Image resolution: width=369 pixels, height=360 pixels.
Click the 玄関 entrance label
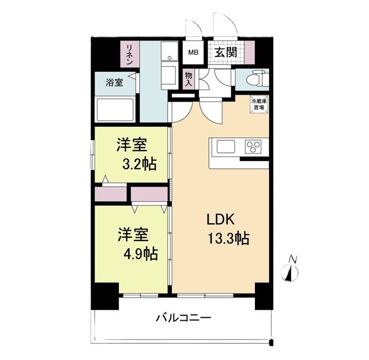click(x=225, y=52)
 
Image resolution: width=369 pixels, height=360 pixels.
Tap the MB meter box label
click(x=191, y=52)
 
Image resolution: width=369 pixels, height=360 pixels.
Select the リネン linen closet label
click(x=131, y=54)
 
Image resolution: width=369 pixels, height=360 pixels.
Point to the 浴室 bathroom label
click(x=114, y=82)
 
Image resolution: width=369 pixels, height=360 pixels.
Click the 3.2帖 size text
click(x=138, y=164)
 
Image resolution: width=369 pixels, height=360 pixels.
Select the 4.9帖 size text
click(x=138, y=253)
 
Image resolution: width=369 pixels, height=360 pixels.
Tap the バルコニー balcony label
click(x=183, y=318)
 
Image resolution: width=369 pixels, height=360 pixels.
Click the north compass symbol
click(x=291, y=271)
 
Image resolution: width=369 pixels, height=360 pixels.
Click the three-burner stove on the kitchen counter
click(x=253, y=147)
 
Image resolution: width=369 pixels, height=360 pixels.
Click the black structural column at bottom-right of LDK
click(x=262, y=297)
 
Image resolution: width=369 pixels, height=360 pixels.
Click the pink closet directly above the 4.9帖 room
click(x=149, y=194)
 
